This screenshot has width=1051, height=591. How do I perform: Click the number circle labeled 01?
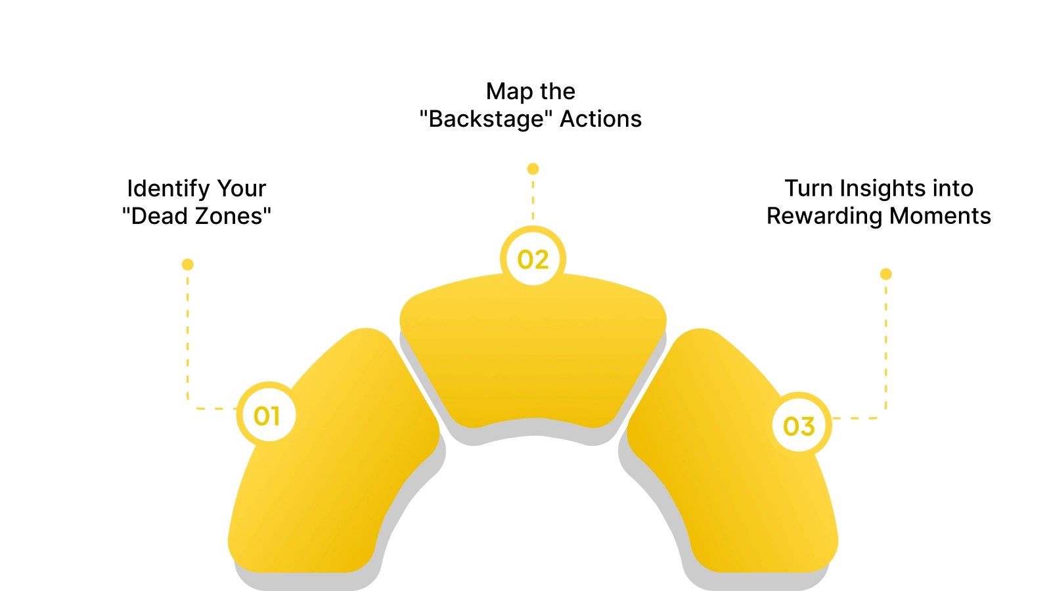[266, 416]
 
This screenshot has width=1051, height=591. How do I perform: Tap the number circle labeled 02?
[533, 259]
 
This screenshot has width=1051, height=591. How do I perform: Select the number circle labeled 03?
[799, 426]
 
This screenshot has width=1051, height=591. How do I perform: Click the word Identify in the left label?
[168, 189]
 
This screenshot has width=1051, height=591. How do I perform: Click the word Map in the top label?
[509, 92]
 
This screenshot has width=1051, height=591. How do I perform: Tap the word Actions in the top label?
[600, 120]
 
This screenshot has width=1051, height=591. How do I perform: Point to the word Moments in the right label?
[940, 216]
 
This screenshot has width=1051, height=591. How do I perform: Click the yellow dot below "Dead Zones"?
[187, 265]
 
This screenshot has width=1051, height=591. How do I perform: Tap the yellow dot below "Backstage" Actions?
[533, 169]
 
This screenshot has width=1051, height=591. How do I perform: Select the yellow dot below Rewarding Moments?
[885, 274]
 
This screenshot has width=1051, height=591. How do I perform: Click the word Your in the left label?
[242, 189]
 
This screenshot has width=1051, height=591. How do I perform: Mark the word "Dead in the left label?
[155, 216]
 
